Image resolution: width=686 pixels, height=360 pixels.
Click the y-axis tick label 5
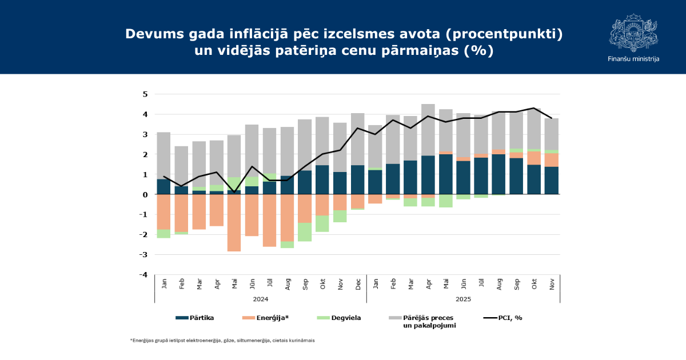(145, 94)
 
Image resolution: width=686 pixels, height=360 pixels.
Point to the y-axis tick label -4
(143, 275)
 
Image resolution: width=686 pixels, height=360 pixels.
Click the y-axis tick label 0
(145, 195)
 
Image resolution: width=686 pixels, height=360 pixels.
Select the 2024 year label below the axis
(260, 299)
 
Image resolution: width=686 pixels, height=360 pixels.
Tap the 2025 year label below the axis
(463, 299)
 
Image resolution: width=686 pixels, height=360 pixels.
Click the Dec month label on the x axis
(358, 283)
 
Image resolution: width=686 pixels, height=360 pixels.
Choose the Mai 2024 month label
(234, 283)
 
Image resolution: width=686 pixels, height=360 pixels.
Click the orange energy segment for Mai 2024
(234, 223)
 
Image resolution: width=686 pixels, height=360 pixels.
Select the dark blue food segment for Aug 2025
(498, 174)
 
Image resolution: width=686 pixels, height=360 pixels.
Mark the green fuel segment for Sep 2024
(305, 232)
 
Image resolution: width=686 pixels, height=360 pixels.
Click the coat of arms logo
(633, 33)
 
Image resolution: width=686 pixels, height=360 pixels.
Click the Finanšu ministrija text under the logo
(633, 59)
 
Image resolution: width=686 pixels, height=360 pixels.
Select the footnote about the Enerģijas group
(222, 341)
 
